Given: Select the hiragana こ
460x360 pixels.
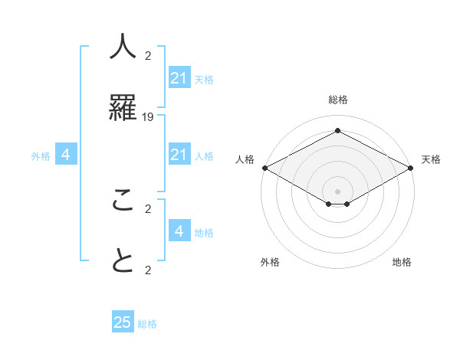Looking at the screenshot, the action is tap(123, 200).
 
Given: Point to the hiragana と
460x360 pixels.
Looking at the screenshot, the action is tap(123, 262).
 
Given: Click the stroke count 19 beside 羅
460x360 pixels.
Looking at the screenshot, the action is tap(148, 116).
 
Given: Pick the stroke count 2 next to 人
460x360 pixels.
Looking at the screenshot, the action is tap(148, 55).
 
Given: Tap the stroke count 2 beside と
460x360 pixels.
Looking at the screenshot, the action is tap(148, 270).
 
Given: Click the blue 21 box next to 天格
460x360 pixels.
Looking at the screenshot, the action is tap(179, 78).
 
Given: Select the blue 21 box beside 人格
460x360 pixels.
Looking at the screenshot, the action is tap(179, 155).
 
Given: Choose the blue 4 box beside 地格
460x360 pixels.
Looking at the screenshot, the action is tap(179, 231).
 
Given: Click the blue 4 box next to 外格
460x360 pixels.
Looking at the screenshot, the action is tap(66, 155).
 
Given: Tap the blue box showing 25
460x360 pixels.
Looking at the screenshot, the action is tap(123, 322).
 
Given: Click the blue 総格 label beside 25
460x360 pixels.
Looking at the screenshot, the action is tap(148, 324).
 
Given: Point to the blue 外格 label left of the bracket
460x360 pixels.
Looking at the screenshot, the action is tap(41, 156).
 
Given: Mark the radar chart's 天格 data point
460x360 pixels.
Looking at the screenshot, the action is tap(412, 168).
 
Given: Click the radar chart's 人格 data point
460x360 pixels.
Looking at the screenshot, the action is tap(264, 168).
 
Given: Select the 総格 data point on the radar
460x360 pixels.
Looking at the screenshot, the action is tap(337, 131).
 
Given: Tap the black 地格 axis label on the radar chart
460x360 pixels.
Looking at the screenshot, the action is tap(402, 262).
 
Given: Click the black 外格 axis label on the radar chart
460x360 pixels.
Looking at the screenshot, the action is tap(270, 262).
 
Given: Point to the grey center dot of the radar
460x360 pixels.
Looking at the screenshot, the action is tap(337, 191).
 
